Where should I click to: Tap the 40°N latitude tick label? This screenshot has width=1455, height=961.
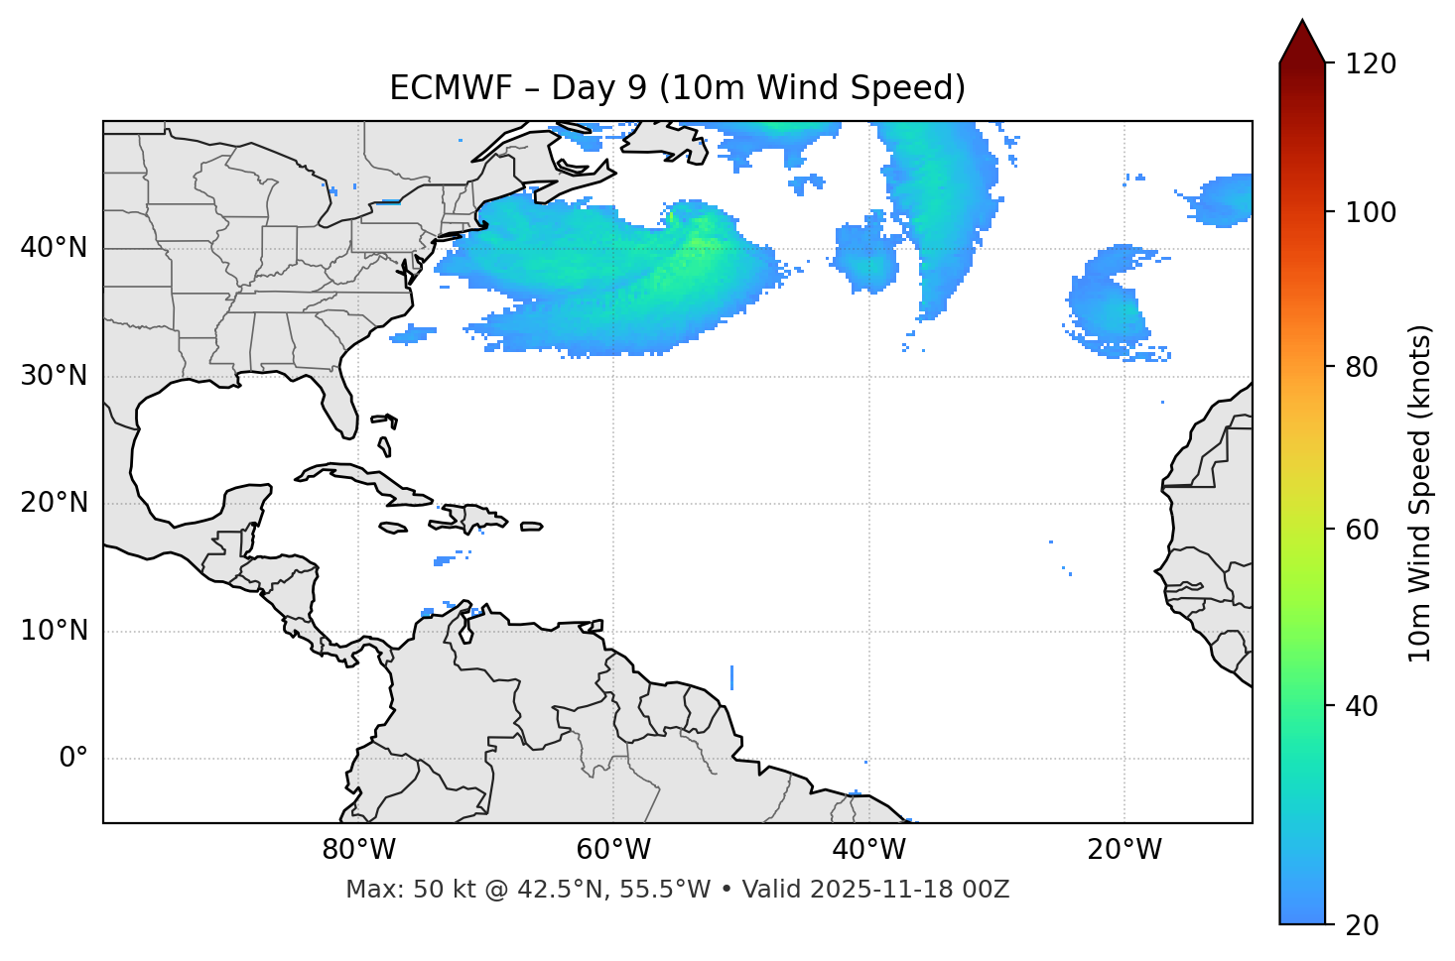55,248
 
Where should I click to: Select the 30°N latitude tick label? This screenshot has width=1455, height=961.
55,376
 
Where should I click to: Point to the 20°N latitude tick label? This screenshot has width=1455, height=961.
55,503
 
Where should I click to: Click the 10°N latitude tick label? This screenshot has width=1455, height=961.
55,631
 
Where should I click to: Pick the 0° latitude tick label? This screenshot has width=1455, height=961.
73,759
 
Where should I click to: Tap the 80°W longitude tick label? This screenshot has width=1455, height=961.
358,850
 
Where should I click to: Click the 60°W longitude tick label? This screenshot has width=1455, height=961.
613,850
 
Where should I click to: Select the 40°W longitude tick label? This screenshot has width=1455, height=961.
868,850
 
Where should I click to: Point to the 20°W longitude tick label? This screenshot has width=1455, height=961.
1124,850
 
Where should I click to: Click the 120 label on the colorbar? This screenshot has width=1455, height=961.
1371,64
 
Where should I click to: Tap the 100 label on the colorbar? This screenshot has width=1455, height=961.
1371,212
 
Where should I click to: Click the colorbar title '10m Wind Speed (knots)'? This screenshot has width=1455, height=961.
1420,494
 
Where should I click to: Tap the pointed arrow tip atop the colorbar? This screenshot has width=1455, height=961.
1302,24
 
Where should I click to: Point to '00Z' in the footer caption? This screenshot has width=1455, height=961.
987,890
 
